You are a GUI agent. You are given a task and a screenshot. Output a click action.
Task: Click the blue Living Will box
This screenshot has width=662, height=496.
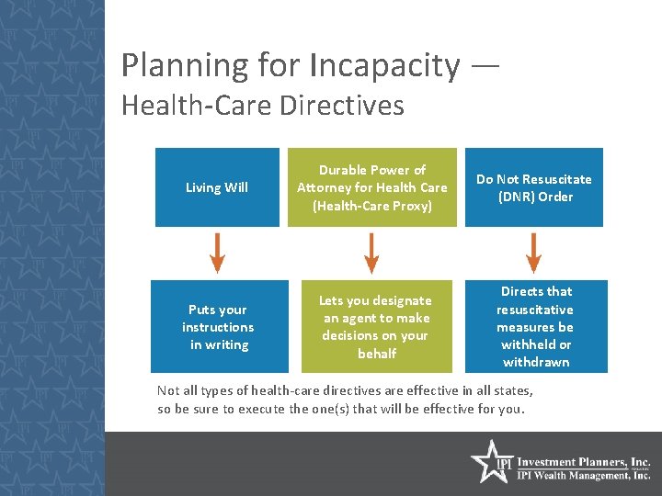pyautogui.click(x=217, y=187)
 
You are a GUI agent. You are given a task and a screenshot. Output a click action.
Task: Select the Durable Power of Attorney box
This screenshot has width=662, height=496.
pyautogui.click(x=371, y=187)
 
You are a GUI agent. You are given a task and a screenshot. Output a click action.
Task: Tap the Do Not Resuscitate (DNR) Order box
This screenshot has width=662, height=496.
pyautogui.click(x=534, y=187)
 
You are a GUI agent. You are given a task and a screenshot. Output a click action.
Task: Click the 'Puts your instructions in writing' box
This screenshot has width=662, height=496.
pyautogui.click(x=217, y=327)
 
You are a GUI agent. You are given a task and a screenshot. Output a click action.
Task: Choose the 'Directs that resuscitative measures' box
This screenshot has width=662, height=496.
pyautogui.click(x=534, y=327)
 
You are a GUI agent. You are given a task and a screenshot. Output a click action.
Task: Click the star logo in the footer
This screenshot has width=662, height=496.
pyautogui.click(x=490, y=461)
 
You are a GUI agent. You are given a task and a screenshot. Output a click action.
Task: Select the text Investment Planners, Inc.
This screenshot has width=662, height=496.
pyautogui.click(x=584, y=462)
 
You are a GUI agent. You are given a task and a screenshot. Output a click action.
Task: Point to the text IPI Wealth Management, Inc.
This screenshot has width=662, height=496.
pyautogui.click(x=584, y=475)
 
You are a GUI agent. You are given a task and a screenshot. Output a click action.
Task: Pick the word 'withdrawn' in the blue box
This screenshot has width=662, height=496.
pyautogui.click(x=535, y=362)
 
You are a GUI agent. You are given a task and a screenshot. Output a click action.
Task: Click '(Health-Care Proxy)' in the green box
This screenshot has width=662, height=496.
pyautogui.click(x=371, y=206)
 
